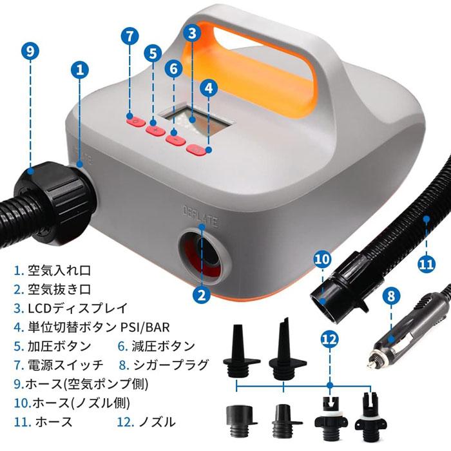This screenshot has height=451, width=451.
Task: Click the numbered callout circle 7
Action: (130, 36)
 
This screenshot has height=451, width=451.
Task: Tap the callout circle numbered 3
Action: (192, 32)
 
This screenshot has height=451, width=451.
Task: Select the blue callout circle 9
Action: (30, 51)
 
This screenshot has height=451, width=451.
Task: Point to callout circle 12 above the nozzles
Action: (330, 340)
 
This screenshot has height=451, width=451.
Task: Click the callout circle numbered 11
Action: (426, 264)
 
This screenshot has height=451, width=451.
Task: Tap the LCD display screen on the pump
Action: (196, 119)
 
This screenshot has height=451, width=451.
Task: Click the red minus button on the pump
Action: (175, 140)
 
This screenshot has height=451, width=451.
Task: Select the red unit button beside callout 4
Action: (197, 149)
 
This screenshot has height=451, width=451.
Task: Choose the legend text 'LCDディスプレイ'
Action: (78, 308)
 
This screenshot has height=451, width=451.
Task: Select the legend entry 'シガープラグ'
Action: (171, 365)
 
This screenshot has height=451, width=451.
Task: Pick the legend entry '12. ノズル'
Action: (146, 422)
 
